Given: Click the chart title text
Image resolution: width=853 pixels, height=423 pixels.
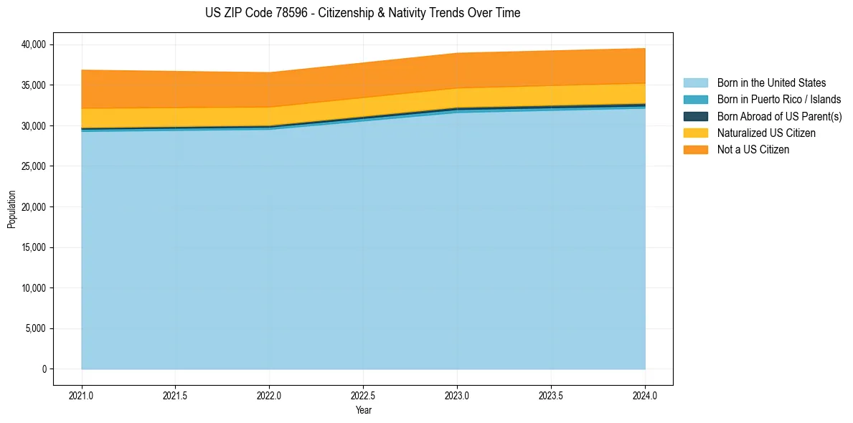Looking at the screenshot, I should pyautogui.click(x=362, y=13).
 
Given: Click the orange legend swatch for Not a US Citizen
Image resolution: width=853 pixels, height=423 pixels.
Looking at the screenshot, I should pyautogui.click(x=695, y=150).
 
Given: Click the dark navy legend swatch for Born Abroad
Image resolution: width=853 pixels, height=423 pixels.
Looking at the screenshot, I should pyautogui.click(x=695, y=116).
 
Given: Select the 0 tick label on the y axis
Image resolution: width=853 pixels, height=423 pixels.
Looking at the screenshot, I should pyautogui.click(x=44, y=369).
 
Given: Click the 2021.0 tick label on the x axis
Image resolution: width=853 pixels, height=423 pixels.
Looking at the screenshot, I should pyautogui.click(x=81, y=395).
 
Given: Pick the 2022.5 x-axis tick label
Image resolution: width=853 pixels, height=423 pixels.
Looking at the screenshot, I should pyautogui.click(x=363, y=395).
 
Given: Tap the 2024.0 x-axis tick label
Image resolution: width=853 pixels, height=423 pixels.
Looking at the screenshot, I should pyautogui.click(x=645, y=395).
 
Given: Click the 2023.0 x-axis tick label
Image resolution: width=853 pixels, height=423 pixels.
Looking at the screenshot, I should pyautogui.click(x=457, y=395).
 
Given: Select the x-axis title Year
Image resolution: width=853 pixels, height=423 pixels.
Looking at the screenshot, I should pyautogui.click(x=363, y=411).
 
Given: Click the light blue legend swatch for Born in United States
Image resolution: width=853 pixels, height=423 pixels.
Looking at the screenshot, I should pyautogui.click(x=695, y=83).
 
